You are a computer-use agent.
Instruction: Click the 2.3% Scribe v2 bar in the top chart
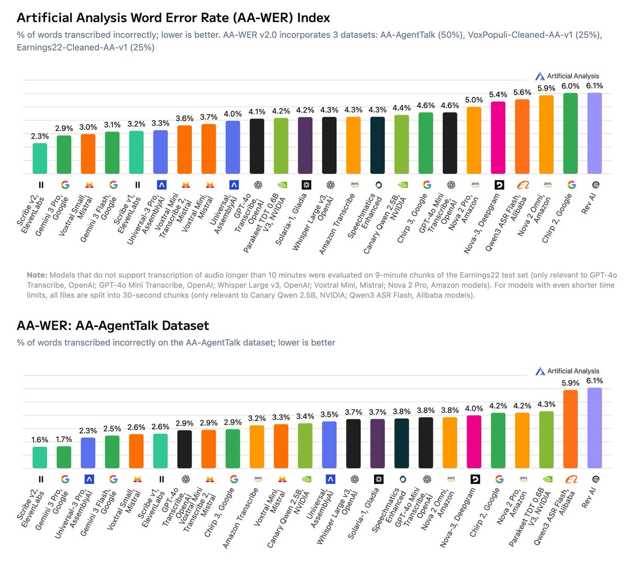(40, 159)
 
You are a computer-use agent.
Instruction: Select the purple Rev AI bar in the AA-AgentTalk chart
(595, 428)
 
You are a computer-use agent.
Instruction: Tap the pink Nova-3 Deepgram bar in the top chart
(498, 138)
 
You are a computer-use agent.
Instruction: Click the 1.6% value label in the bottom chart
(40, 440)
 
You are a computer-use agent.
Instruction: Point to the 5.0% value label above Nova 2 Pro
(474, 100)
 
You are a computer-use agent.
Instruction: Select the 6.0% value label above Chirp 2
(570, 86)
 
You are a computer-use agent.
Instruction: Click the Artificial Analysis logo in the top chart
(567, 76)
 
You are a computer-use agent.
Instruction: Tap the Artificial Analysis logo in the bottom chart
(567, 371)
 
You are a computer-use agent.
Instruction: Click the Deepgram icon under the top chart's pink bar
(498, 185)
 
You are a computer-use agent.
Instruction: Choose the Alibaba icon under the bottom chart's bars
(570, 479)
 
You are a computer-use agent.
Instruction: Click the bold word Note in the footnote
(37, 275)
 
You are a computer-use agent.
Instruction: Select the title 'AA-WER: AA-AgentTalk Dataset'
(113, 326)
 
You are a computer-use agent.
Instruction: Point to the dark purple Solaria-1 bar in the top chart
(305, 145)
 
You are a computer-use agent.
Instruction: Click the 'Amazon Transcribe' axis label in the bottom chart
(241, 517)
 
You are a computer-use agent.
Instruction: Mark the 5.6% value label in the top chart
(522, 92)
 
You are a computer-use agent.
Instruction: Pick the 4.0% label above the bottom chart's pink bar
(474, 409)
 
